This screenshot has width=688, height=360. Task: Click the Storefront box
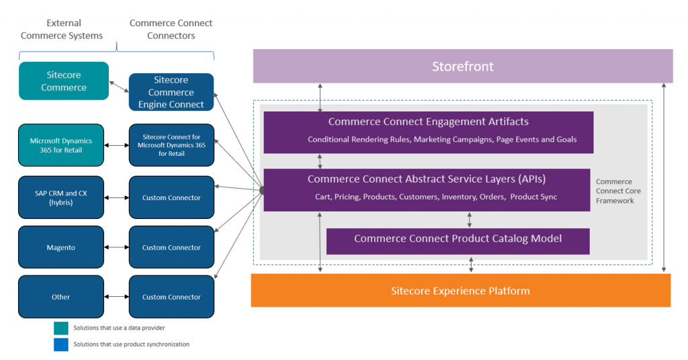tap(463, 66)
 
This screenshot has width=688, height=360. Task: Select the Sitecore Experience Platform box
tap(461, 290)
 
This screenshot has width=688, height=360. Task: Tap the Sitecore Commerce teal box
tap(64, 81)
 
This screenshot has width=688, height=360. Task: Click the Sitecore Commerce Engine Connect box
tap(171, 92)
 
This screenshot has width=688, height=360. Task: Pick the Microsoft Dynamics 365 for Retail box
tap(61, 145)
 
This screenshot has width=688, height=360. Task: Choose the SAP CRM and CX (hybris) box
tap(61, 197)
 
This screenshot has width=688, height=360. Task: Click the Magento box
tap(61, 247)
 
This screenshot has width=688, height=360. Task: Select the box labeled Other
tap(61, 297)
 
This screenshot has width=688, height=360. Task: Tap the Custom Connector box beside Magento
tap(171, 247)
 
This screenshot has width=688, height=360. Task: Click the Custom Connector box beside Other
tap(171, 297)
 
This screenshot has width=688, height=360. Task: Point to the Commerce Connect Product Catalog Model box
tap(458, 241)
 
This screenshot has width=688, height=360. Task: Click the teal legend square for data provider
tap(61, 328)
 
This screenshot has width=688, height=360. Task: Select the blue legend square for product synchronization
tap(61, 345)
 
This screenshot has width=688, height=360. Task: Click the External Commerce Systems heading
tap(62, 30)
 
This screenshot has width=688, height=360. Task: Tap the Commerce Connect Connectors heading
tap(171, 30)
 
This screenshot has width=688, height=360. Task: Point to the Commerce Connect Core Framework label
tap(618, 191)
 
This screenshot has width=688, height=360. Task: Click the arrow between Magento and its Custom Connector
tap(117, 247)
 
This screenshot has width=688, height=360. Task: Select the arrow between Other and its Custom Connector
tap(117, 297)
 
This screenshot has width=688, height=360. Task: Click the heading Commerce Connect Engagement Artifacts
tap(428, 122)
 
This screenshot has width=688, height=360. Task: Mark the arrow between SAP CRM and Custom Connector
tap(117, 197)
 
